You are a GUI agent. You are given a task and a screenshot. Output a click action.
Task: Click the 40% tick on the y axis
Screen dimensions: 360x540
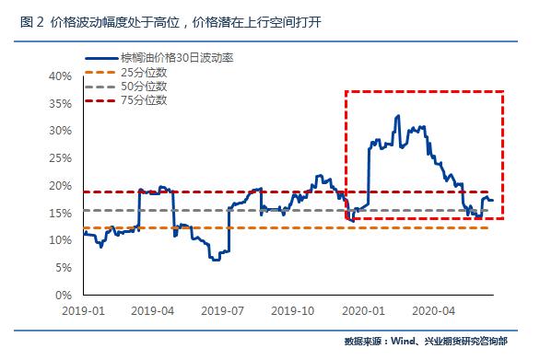[x=60, y=75]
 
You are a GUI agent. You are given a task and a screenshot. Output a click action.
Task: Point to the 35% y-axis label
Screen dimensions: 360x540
[x=60, y=102]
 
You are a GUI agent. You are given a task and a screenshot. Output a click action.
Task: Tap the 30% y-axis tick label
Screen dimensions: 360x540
[x=60, y=130]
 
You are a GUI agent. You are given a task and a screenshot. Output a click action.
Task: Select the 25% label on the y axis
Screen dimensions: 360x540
[x=60, y=157]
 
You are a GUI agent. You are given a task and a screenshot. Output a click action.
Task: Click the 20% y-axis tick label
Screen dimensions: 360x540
[x=60, y=185]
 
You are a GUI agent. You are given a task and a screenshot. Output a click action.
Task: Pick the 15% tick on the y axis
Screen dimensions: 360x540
[x=60, y=213]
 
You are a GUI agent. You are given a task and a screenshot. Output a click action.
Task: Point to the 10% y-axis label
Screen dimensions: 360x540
[x=60, y=240]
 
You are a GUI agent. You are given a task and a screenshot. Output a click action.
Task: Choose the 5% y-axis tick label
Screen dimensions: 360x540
[x=63, y=268]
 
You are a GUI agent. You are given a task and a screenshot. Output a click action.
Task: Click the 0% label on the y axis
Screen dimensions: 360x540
[x=63, y=296]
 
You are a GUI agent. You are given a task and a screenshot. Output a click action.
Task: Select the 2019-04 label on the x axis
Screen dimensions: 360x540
[x=155, y=311]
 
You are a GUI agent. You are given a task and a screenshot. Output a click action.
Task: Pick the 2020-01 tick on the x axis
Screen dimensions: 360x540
[x=368, y=311]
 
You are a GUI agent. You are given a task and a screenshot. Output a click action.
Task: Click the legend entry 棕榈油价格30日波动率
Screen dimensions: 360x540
[x=175, y=58]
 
